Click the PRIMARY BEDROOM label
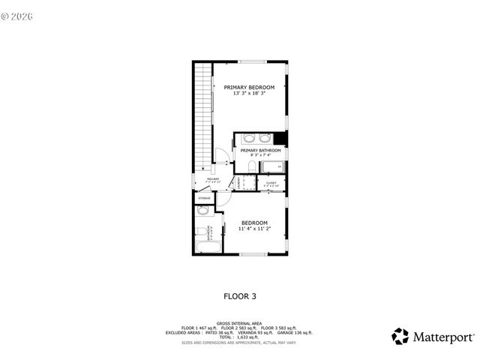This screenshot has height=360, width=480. [x=249, y=87]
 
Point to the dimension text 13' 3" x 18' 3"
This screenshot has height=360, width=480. [x=249, y=93]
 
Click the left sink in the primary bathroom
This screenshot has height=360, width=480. [x=248, y=138]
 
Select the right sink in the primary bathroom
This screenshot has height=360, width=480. [x=265, y=138]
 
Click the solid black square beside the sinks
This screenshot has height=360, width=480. [x=280, y=138]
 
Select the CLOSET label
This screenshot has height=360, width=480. [x=271, y=181]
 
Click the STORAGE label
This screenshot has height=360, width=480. [x=204, y=197]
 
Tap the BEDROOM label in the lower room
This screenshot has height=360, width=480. [x=254, y=223]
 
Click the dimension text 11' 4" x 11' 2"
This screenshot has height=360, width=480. [x=254, y=229]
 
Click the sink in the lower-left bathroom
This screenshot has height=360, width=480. [x=202, y=211]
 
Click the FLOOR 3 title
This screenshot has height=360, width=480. [x=240, y=296]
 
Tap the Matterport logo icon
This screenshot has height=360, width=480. [x=400, y=335]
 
